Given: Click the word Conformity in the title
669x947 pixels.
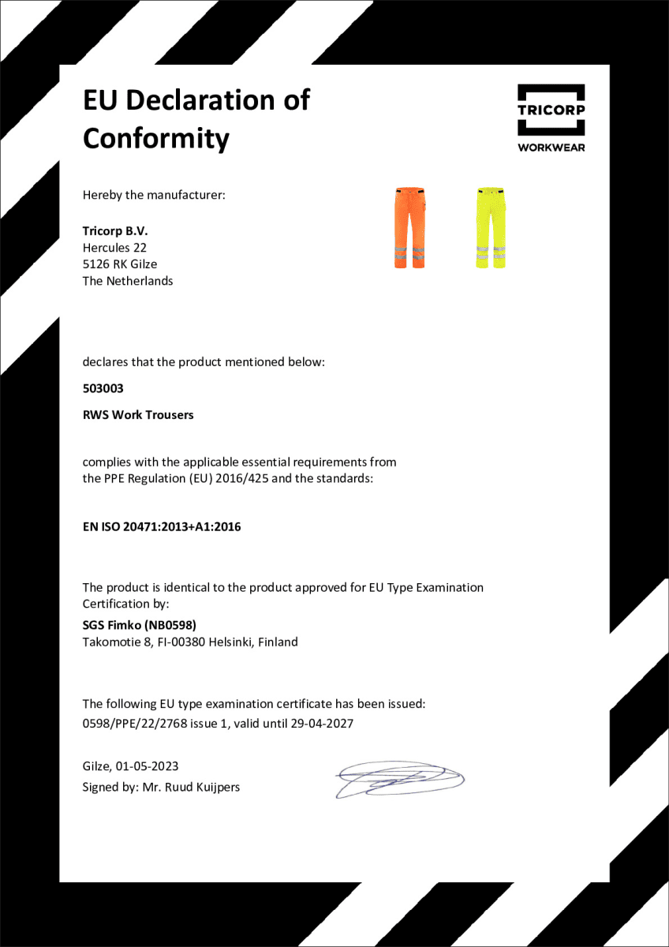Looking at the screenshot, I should click(x=155, y=138).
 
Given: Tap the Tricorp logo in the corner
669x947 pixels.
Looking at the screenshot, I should click(x=551, y=110).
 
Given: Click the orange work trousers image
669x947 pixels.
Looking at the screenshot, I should click(x=409, y=227).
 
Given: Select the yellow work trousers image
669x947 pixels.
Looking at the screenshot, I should click(x=491, y=227).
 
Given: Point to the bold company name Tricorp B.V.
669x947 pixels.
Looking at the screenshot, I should click(x=115, y=231).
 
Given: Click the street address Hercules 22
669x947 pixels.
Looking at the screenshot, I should click(x=114, y=248).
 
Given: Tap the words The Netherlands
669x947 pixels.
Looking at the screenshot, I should click(x=128, y=281).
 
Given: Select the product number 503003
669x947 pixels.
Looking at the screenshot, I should click(x=103, y=388).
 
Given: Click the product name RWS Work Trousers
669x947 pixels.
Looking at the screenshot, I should click(x=138, y=414).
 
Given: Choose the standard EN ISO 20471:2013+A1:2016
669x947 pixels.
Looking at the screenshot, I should click(x=162, y=526).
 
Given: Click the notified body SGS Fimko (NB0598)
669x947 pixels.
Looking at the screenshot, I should click(x=133, y=625).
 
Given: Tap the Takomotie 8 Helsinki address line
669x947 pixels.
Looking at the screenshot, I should click(x=190, y=642).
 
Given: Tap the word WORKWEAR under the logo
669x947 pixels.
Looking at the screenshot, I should click(x=551, y=147).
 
